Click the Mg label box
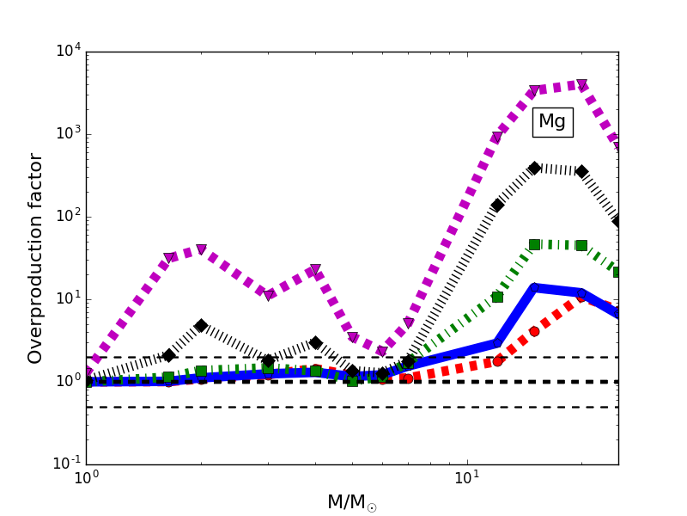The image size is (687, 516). (552, 122)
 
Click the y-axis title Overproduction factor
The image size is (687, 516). (35, 258)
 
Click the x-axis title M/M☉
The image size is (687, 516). (351, 502)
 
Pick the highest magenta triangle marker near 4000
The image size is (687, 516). (581, 85)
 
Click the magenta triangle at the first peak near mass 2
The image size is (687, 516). (201, 249)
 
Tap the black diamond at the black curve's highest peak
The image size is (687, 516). (534, 168)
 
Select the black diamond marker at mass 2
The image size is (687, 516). (201, 325)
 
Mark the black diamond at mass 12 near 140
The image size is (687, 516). (497, 205)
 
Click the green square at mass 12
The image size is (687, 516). (497, 297)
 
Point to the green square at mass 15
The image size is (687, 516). (534, 244)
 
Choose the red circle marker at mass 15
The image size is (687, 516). (534, 331)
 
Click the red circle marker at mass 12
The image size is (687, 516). (497, 360)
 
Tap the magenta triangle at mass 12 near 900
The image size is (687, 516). (496, 138)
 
